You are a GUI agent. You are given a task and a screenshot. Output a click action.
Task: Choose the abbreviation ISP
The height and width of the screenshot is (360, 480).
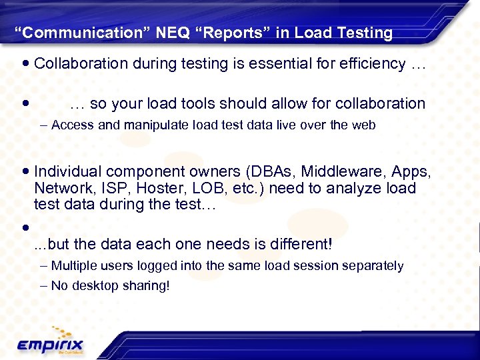point(109,189)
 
